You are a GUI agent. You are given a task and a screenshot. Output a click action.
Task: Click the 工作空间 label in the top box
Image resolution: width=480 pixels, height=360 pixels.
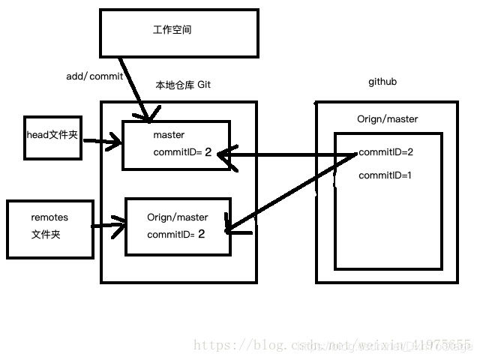click(172, 30)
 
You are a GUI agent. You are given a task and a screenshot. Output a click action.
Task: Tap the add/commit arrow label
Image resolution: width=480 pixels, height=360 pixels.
click(94, 77)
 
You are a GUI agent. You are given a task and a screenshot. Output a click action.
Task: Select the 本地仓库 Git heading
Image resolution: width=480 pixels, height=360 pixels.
click(183, 85)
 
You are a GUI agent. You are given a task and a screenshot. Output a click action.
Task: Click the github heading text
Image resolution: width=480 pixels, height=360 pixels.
click(382, 81)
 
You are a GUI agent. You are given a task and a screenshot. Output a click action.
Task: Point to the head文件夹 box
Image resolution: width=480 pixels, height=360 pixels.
click(52, 136)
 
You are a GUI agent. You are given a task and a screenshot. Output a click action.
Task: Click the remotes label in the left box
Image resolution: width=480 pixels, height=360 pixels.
click(49, 217)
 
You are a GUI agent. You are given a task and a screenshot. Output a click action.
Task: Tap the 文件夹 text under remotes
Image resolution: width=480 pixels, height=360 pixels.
click(46, 235)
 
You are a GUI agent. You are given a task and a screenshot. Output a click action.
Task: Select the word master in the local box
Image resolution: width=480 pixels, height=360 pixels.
click(169, 135)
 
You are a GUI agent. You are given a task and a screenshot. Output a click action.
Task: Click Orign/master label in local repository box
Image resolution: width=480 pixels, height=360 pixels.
click(178, 217)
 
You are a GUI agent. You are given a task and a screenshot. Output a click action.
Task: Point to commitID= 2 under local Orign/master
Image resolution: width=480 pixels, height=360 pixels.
click(176, 234)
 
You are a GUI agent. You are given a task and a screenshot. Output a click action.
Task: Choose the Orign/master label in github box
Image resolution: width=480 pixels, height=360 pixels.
click(388, 119)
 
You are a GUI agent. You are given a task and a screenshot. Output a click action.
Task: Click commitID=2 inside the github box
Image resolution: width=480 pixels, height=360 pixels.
click(386, 152)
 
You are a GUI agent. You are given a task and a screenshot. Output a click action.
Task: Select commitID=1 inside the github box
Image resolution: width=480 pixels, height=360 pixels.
click(386, 175)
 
